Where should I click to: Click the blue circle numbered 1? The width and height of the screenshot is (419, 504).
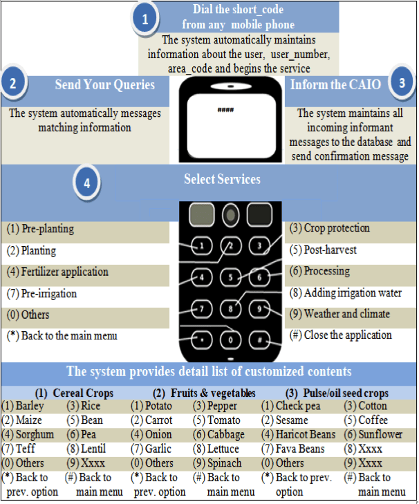coord(145,20)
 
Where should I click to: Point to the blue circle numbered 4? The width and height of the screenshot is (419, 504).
coord(87,184)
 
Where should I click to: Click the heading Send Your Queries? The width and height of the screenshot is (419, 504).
coord(111,85)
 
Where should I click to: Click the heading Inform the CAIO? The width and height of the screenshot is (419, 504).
coord(335,85)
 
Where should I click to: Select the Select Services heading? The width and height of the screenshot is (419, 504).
coord(222,180)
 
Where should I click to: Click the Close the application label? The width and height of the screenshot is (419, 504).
coord(341,335)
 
